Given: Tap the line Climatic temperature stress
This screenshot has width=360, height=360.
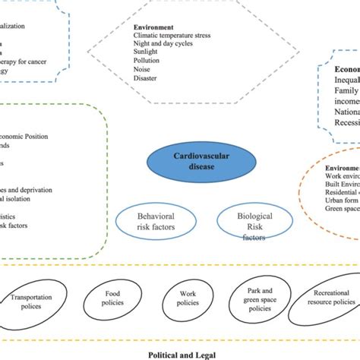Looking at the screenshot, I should click(172, 35).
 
